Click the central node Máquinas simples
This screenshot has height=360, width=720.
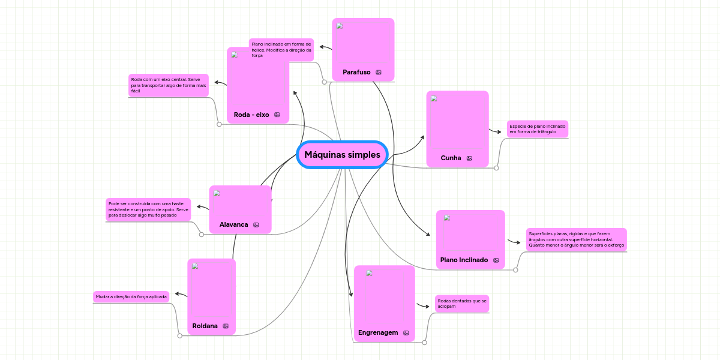[342, 155]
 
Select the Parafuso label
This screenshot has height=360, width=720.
[356, 72]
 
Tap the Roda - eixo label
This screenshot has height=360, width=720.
[251, 115]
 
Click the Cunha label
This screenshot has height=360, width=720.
[451, 158]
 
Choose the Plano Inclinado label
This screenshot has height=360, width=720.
[464, 260]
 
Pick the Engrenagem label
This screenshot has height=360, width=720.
[378, 332]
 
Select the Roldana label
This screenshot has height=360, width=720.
[205, 326]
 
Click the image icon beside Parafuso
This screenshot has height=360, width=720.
[379, 72]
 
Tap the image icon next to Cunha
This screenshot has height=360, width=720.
[469, 158]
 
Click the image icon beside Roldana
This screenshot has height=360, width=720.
[226, 326]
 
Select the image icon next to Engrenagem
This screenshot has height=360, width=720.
[406, 332]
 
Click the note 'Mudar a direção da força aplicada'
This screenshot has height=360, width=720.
[131, 296]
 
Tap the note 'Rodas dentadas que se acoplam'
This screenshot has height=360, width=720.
[462, 304]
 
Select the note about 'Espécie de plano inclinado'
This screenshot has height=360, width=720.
[537, 129]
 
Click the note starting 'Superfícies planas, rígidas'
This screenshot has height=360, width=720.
[576, 239]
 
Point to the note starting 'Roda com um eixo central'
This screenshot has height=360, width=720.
[169, 85]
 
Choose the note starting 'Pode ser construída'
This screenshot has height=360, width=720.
[148, 209]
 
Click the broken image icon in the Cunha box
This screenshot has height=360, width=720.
[434, 99]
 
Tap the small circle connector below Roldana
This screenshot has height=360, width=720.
[180, 336]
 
